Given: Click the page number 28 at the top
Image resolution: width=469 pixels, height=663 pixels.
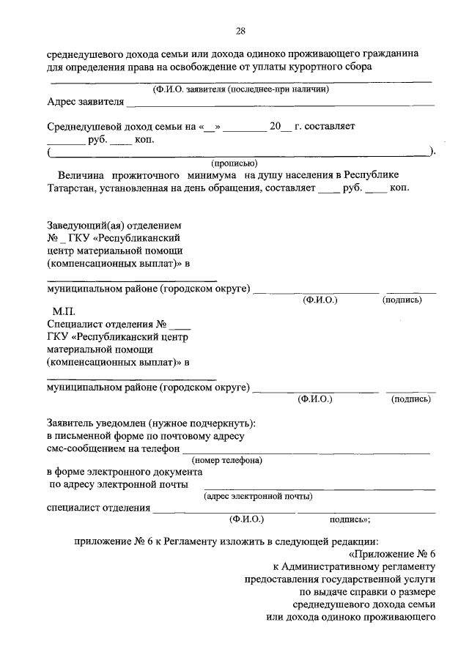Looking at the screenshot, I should [x=240, y=30].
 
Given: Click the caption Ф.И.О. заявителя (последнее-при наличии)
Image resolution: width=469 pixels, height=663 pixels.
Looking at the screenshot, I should [x=240, y=89].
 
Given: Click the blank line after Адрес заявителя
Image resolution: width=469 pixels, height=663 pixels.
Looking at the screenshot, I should [x=278, y=105].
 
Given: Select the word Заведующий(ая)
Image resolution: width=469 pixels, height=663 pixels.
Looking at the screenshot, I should [x=82, y=225].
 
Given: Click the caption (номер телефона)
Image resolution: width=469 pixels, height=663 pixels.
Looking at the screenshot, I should [x=228, y=460].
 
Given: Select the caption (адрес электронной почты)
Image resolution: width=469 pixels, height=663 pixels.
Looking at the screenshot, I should [x=258, y=497].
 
